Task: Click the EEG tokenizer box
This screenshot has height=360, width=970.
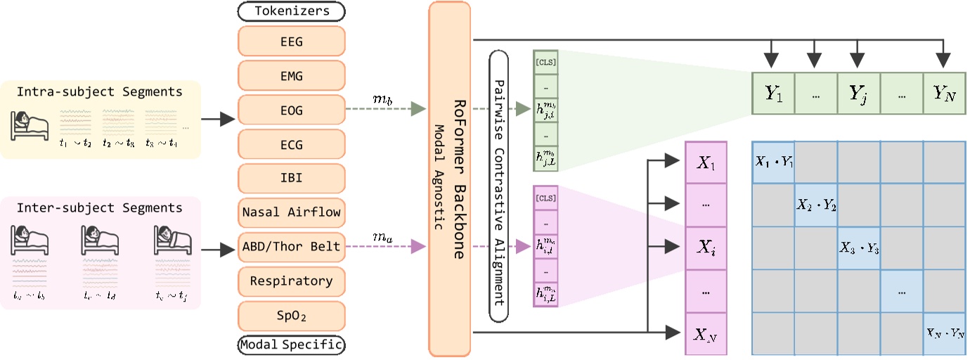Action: tap(291, 41)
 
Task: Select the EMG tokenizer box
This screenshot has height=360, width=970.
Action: tap(291, 75)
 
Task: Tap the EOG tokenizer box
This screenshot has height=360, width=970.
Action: tap(291, 109)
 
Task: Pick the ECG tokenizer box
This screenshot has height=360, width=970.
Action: tap(291, 145)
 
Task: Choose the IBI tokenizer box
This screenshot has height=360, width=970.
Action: tap(291, 179)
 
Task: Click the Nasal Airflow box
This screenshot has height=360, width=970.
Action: tap(291, 212)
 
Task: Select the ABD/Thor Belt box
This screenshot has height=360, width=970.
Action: tap(291, 247)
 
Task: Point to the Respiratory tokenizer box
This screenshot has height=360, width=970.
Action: tap(291, 281)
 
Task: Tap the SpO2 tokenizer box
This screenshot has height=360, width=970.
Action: tap(291, 315)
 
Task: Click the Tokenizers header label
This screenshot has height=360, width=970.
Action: tap(292, 11)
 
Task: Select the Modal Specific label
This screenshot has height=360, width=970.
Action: tap(292, 345)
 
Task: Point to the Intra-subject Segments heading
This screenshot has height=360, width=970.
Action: tap(99, 91)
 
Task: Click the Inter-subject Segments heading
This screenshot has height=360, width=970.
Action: tap(99, 207)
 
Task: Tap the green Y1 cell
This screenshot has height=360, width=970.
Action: tap(773, 92)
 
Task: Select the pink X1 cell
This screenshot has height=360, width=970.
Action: tap(705, 163)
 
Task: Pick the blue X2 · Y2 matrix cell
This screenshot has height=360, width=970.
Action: tap(817, 205)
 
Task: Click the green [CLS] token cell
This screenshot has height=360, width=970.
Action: tap(545, 60)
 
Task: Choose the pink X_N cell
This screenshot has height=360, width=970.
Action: tap(705, 335)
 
